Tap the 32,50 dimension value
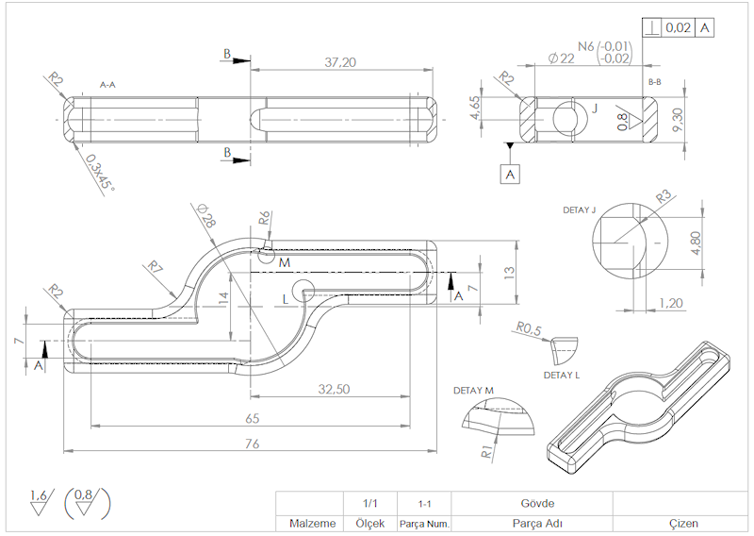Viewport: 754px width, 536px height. tap(335, 389)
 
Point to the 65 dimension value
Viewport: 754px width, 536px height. tap(252, 418)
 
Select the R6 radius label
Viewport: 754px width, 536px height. tap(266, 216)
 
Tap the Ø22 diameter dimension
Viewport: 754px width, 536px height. tap(561, 59)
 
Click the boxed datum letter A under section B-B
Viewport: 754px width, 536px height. tap(511, 176)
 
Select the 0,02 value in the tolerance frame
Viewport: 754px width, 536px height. tap(679, 28)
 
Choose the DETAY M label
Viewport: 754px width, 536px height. tap(474, 390)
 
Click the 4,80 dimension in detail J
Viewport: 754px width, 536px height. tap(697, 238)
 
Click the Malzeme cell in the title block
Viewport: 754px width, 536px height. tap(312, 524)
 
